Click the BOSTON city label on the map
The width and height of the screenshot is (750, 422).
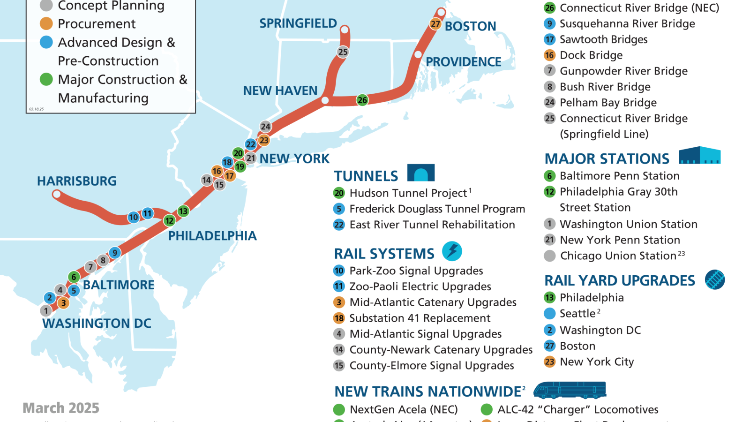click(x=470, y=26)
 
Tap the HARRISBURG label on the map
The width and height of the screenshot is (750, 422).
click(x=77, y=181)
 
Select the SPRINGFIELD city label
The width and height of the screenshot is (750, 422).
click(x=298, y=23)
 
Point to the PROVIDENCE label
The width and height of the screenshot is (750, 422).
click(x=463, y=62)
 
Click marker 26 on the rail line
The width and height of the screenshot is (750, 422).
click(x=362, y=100)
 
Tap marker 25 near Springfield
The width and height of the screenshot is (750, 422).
click(x=343, y=52)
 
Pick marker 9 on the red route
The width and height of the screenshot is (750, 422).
click(x=115, y=253)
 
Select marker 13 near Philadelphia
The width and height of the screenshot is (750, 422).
click(x=183, y=211)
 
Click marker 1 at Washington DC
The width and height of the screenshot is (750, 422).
click(x=46, y=310)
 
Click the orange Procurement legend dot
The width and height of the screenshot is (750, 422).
click(x=46, y=23)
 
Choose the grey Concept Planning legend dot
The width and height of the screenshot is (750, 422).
click(x=46, y=6)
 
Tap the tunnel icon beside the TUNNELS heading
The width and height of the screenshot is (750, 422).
click(x=421, y=173)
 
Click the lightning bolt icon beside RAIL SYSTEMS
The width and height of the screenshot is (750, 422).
click(x=452, y=251)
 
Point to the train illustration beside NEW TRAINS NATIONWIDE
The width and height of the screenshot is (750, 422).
click(x=570, y=390)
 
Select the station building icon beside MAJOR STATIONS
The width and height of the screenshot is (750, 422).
click(x=699, y=155)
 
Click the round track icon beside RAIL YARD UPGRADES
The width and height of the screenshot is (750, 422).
click(x=715, y=280)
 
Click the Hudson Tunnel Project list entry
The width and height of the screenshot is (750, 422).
click(x=408, y=193)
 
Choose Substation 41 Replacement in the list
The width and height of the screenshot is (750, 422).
click(x=420, y=318)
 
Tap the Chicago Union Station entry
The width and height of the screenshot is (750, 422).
click(x=618, y=256)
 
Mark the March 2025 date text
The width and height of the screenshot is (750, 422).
click(x=61, y=408)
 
